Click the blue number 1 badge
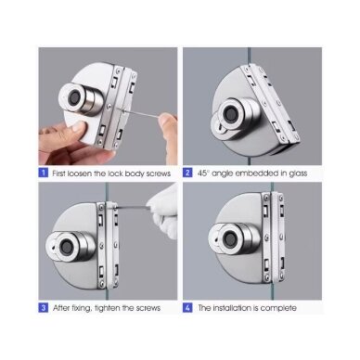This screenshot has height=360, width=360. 44,173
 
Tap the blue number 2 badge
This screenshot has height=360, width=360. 187,173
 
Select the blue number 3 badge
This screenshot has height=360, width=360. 44,308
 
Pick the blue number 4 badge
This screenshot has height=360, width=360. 187,308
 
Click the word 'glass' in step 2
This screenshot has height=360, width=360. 298,174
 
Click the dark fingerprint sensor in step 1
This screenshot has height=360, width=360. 74,98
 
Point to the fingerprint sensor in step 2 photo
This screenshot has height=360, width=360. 230,112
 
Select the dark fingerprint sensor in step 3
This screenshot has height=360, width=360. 66,247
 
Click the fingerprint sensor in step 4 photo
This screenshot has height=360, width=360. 230,238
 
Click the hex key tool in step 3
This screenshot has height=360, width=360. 132,208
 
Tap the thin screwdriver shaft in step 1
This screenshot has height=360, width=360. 141,113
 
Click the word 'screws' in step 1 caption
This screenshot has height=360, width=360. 158,174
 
